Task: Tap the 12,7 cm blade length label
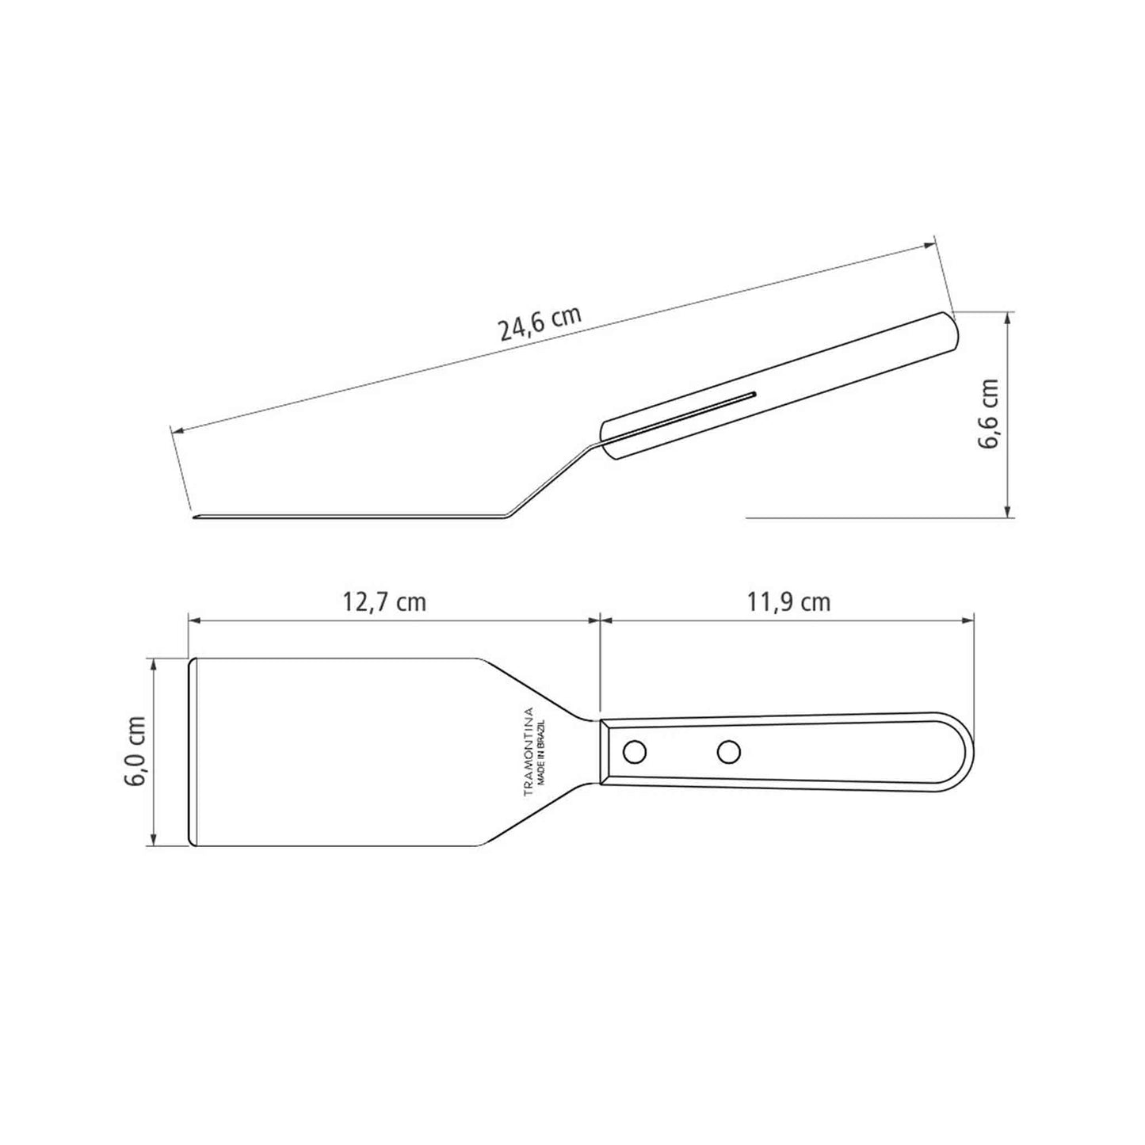point(384,602)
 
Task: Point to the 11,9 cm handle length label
point(788,602)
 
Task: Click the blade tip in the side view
point(195,518)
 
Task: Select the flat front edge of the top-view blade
point(190,751)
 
